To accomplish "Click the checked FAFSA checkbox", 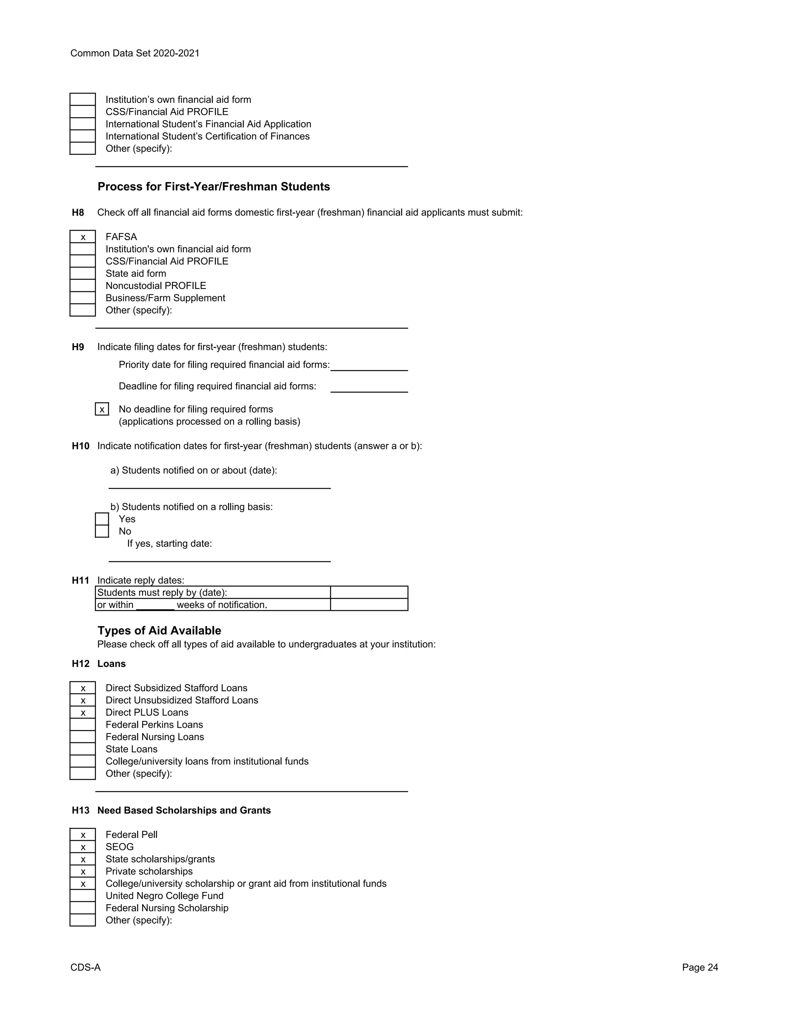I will tap(83, 237).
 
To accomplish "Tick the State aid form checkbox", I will tap(83, 274).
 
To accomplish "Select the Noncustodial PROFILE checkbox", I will tap(83, 285).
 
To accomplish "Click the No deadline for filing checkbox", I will tap(102, 410).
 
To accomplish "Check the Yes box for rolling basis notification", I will tap(102, 519).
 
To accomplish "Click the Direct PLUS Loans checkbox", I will tap(83, 713).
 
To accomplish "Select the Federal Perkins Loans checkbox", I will tap(83, 725).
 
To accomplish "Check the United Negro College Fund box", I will tap(83, 896).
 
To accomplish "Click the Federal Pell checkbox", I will tap(83, 835).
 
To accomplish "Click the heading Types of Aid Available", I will tap(159, 631).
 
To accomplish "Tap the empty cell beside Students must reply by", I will tap(369, 592).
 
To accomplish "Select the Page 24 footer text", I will tap(700, 967).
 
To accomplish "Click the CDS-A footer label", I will tap(86, 967).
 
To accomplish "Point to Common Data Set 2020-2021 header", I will tap(134, 53).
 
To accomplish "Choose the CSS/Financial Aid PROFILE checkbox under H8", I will tap(83, 261).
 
